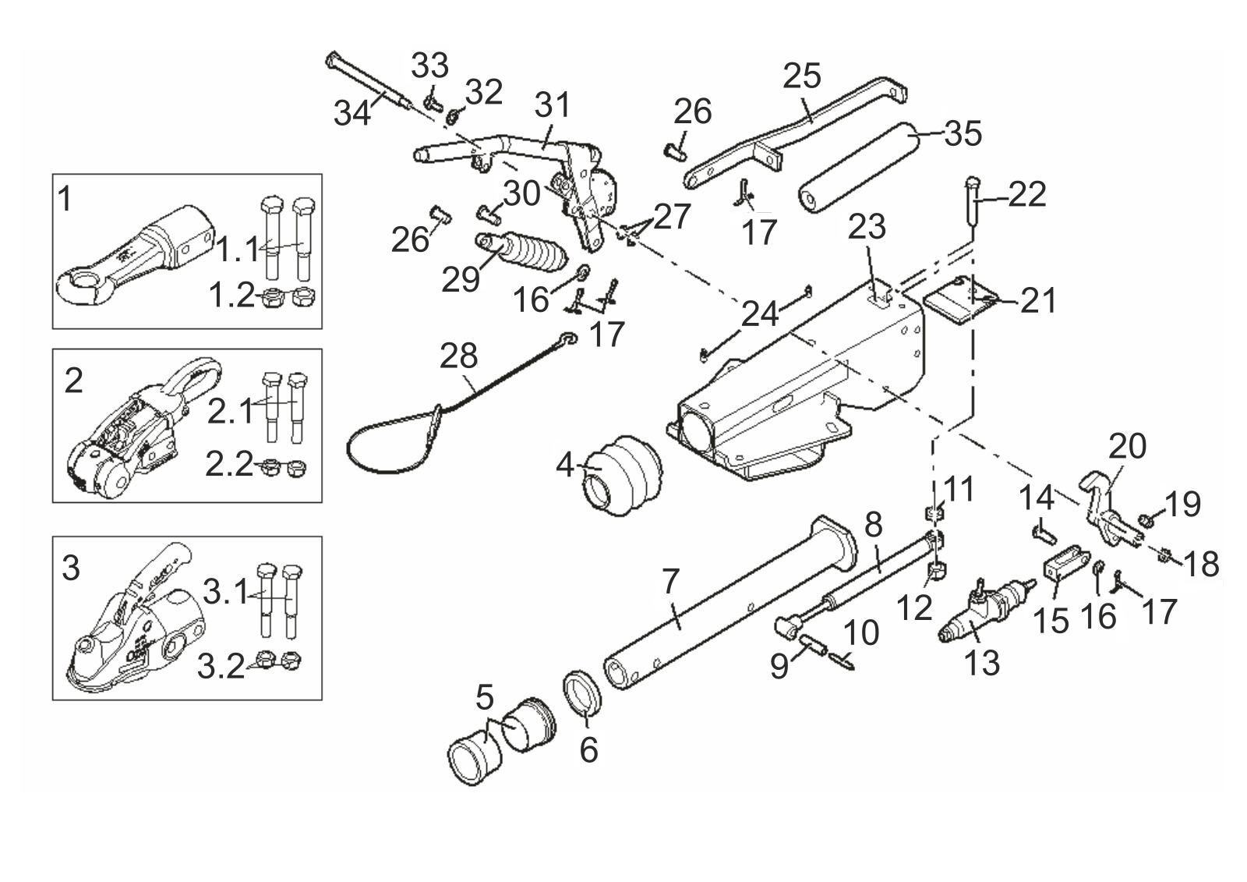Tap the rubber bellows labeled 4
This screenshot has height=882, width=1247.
coord(622,477)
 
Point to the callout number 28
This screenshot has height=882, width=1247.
coord(458,356)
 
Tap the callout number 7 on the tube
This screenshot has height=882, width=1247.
coord(671,582)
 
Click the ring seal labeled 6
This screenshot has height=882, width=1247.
coord(583,692)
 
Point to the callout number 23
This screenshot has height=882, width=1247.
coord(867,228)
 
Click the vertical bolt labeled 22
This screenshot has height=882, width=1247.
coord(971,207)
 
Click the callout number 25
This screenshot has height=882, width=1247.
coord(802,76)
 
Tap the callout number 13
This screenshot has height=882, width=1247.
coord(981,664)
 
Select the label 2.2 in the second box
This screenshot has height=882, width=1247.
coord(228,464)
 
